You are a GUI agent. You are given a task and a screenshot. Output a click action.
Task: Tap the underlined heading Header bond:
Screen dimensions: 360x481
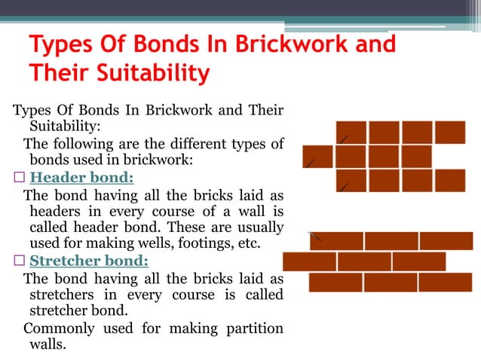[x=81, y=178]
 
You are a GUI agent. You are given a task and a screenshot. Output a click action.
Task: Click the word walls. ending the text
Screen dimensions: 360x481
[x=47, y=345]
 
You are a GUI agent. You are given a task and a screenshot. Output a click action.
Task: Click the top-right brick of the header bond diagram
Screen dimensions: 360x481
[x=450, y=133]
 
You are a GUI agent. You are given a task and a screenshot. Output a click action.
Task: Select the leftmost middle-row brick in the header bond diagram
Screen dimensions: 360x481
[x=317, y=157]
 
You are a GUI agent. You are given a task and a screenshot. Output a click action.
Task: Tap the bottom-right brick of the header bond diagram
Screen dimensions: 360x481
[x=450, y=181]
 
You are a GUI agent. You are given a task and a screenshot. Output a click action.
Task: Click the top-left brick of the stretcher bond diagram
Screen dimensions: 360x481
[x=336, y=241]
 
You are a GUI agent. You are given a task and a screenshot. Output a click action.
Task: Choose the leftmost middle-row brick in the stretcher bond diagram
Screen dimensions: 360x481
[x=309, y=261]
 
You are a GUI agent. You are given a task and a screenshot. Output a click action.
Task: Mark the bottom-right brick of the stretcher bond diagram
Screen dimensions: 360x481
[x=445, y=282]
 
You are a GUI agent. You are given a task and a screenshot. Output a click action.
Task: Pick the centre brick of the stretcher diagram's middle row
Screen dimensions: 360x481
[x=364, y=261]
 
